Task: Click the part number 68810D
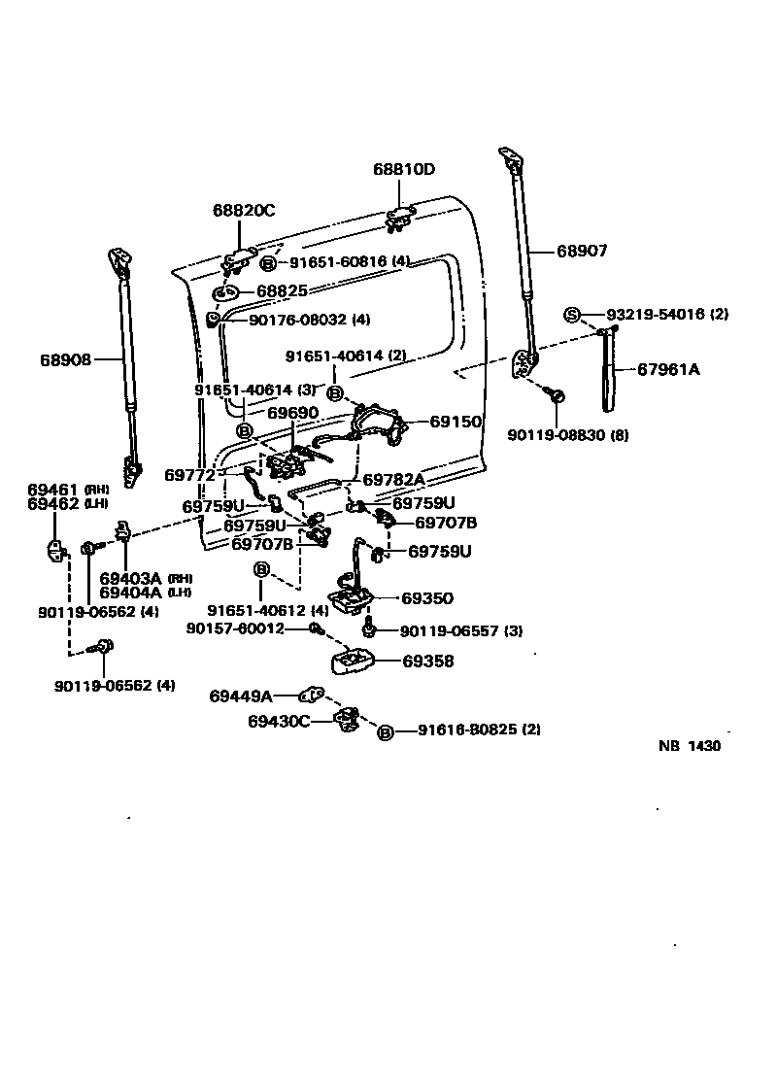(x=404, y=169)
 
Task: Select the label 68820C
(x=244, y=211)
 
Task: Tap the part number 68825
(x=283, y=290)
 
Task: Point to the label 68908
(x=65, y=359)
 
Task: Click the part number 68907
(x=582, y=251)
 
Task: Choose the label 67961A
(x=668, y=369)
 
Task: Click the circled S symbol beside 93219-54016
(x=572, y=314)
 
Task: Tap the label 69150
(x=456, y=423)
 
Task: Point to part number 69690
(x=293, y=413)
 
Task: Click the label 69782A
(x=393, y=480)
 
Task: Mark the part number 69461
(x=53, y=490)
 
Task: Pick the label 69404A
(x=130, y=592)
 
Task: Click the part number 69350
(x=427, y=598)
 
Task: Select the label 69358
(x=428, y=662)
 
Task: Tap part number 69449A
(x=241, y=696)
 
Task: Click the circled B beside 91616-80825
(x=386, y=731)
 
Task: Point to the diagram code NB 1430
(x=689, y=746)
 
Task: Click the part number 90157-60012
(x=234, y=628)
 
